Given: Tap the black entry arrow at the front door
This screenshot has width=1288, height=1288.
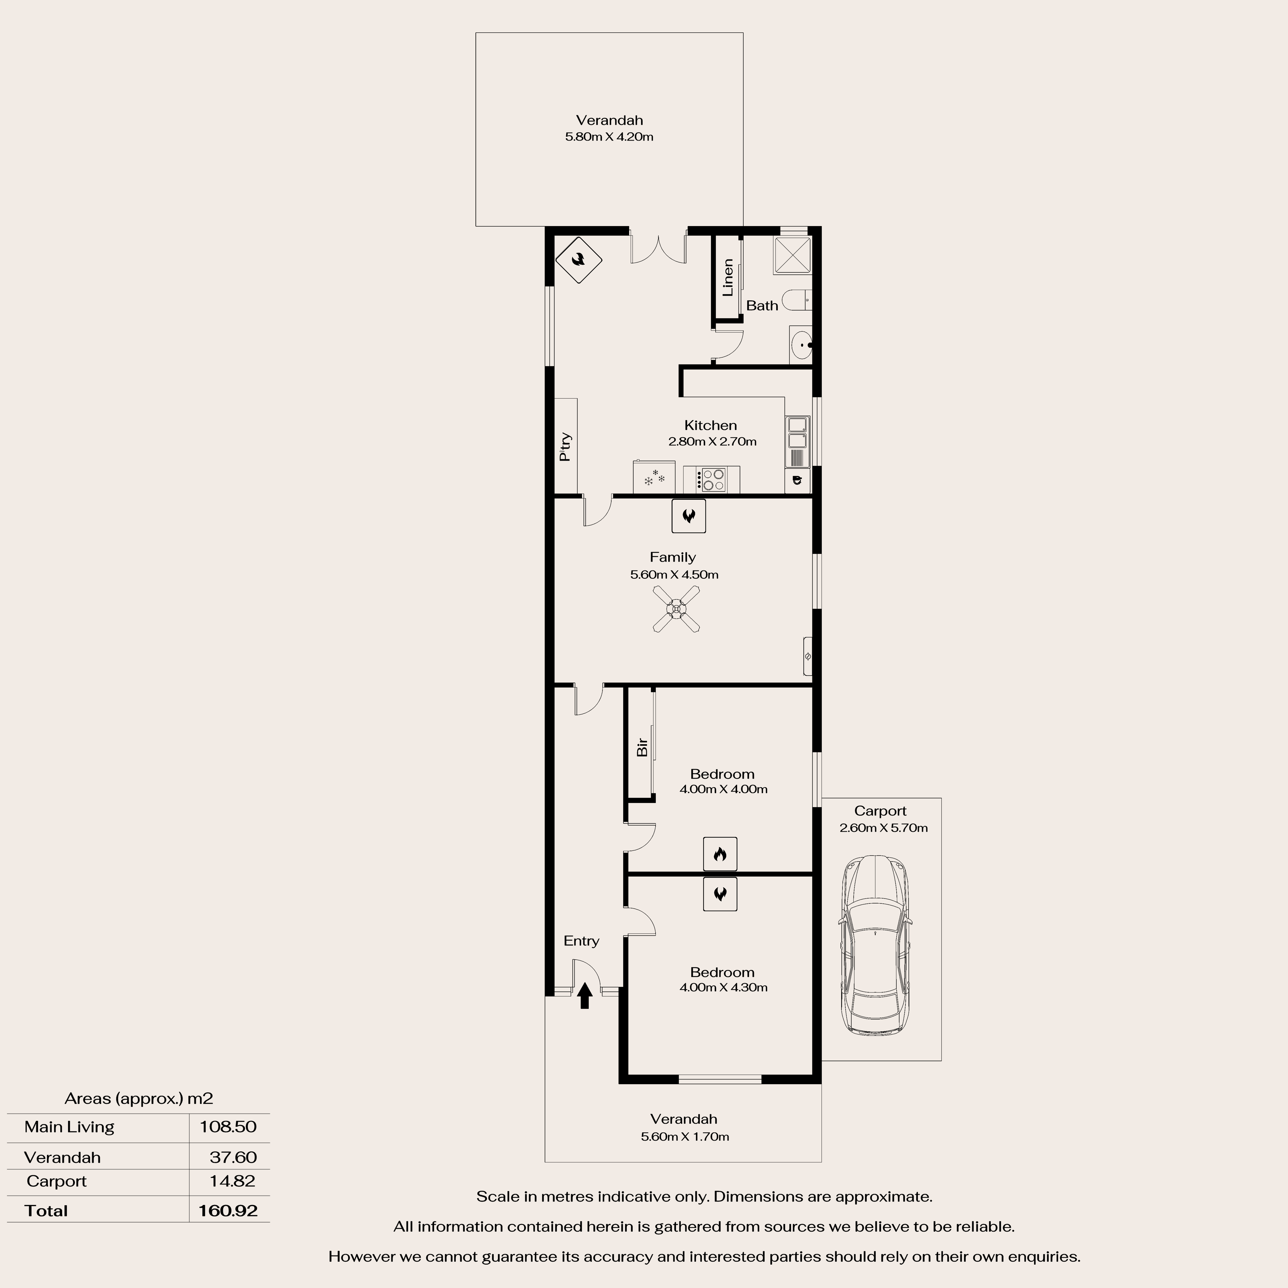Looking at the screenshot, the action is pos(585,995).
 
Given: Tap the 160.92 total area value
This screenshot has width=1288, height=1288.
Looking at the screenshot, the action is pos(228,1210).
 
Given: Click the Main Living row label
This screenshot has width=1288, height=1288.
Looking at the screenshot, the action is pos(69,1127).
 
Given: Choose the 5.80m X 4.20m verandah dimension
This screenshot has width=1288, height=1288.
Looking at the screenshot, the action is pos(609,137).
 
